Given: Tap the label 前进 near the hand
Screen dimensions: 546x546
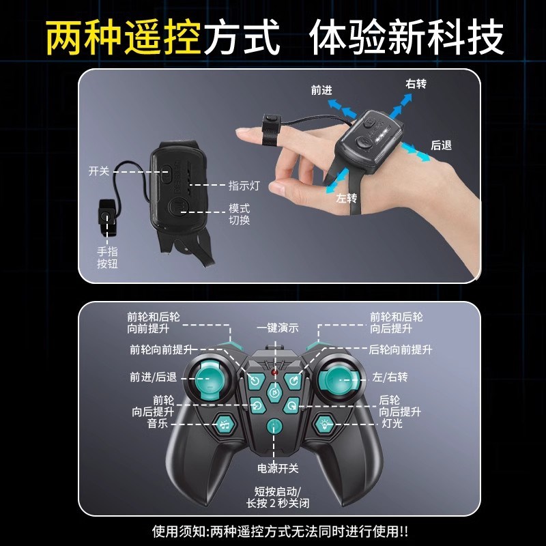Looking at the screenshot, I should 321,89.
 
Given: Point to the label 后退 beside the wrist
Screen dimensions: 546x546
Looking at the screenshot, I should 442,145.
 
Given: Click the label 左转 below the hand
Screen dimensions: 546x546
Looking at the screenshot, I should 346,199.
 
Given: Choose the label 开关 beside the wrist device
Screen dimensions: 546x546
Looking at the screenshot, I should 99,171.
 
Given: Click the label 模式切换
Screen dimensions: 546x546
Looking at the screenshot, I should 240,214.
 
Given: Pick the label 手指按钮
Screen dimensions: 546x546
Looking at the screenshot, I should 107,257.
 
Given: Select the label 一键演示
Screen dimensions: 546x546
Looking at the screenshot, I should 278,328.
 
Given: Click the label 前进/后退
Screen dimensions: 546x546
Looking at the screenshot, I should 154,377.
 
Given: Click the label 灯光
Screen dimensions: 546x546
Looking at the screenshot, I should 391,424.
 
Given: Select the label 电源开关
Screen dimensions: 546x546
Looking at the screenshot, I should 278,468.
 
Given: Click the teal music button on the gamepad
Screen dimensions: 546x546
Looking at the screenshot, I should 225,424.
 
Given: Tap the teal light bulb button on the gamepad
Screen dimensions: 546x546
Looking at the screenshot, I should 324,424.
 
